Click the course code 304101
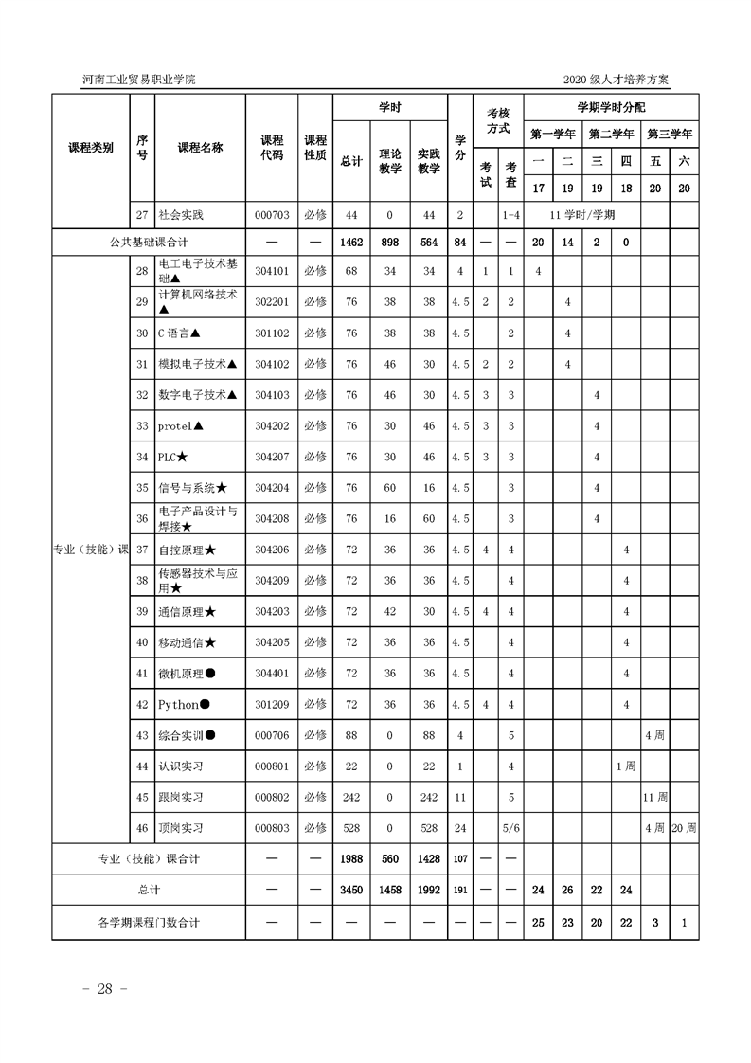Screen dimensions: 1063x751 [271, 272]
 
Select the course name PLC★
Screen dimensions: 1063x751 [172, 458]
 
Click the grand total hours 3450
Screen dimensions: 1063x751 [350, 890]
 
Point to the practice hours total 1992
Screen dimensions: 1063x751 [429, 890]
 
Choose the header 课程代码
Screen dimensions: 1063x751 [272, 147]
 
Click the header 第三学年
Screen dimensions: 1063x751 [671, 134]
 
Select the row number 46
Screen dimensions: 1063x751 [142, 828]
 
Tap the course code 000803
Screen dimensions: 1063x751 [271, 828]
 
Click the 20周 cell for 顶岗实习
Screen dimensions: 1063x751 [684, 828]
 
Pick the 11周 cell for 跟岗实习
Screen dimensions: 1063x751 [655, 797]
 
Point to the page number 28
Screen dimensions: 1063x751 [98, 989]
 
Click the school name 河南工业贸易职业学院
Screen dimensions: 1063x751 [139, 81]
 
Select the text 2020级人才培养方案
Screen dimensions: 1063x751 [616, 81]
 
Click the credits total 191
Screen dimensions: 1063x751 [460, 890]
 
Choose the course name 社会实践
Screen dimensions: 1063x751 [182, 215]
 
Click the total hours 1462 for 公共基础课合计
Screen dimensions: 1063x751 [350, 243]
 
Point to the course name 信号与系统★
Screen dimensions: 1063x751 [192, 488]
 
